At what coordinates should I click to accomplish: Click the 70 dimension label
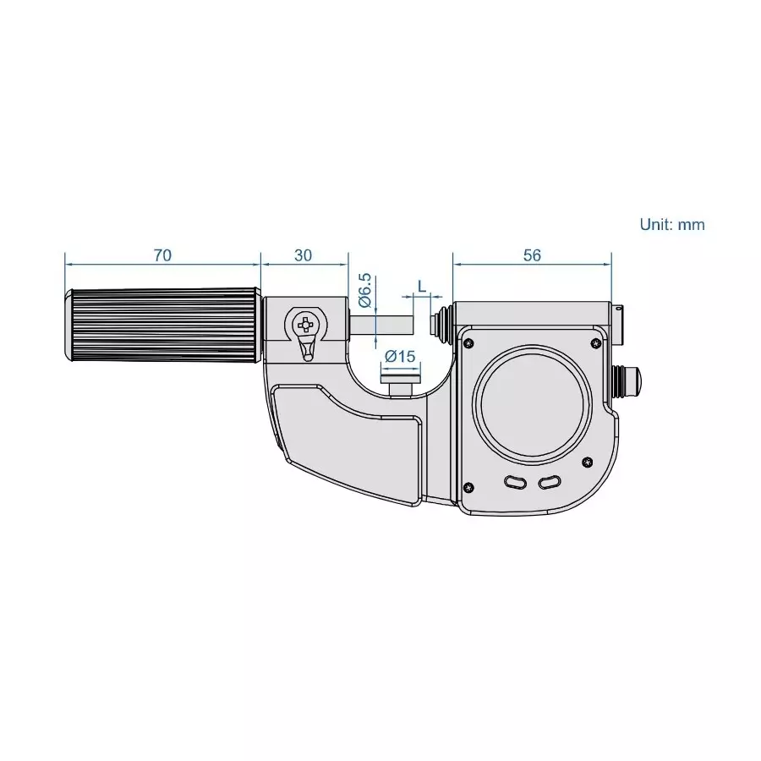pyautogui.click(x=162, y=255)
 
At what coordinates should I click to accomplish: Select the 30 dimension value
pyautogui.click(x=304, y=255)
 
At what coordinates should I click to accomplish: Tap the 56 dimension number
pyautogui.click(x=531, y=255)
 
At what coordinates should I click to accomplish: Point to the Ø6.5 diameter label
pyautogui.click(x=364, y=289)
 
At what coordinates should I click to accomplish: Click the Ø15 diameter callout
pyautogui.click(x=400, y=357)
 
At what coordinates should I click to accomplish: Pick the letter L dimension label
pyautogui.click(x=421, y=286)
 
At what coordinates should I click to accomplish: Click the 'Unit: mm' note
pyautogui.click(x=671, y=225)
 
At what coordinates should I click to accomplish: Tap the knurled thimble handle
pyautogui.click(x=162, y=326)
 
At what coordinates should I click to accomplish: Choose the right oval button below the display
pyautogui.click(x=549, y=482)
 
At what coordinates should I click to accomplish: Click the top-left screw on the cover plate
pyautogui.click(x=468, y=342)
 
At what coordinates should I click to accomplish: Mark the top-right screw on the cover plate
pyautogui.click(x=596, y=342)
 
